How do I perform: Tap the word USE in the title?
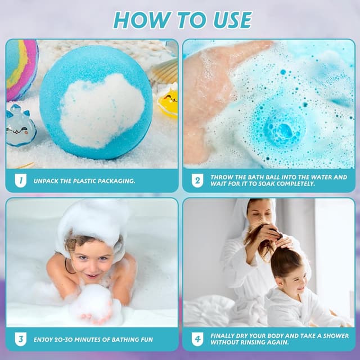pyautogui.click(x=232, y=20)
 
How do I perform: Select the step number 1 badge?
pyautogui.click(x=21, y=181)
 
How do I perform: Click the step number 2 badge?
pyautogui.click(x=197, y=181)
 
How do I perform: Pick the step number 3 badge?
pyautogui.click(x=21, y=339)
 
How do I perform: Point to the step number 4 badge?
pyautogui.click(x=197, y=339)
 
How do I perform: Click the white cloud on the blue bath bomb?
pyautogui.click(x=102, y=110)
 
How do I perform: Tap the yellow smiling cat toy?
pyautogui.click(x=168, y=101)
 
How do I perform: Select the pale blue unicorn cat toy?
pyautogui.click(x=20, y=126)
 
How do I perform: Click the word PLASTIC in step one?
pyautogui.click(x=84, y=181)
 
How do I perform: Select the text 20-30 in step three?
pyautogui.click(x=63, y=340)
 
